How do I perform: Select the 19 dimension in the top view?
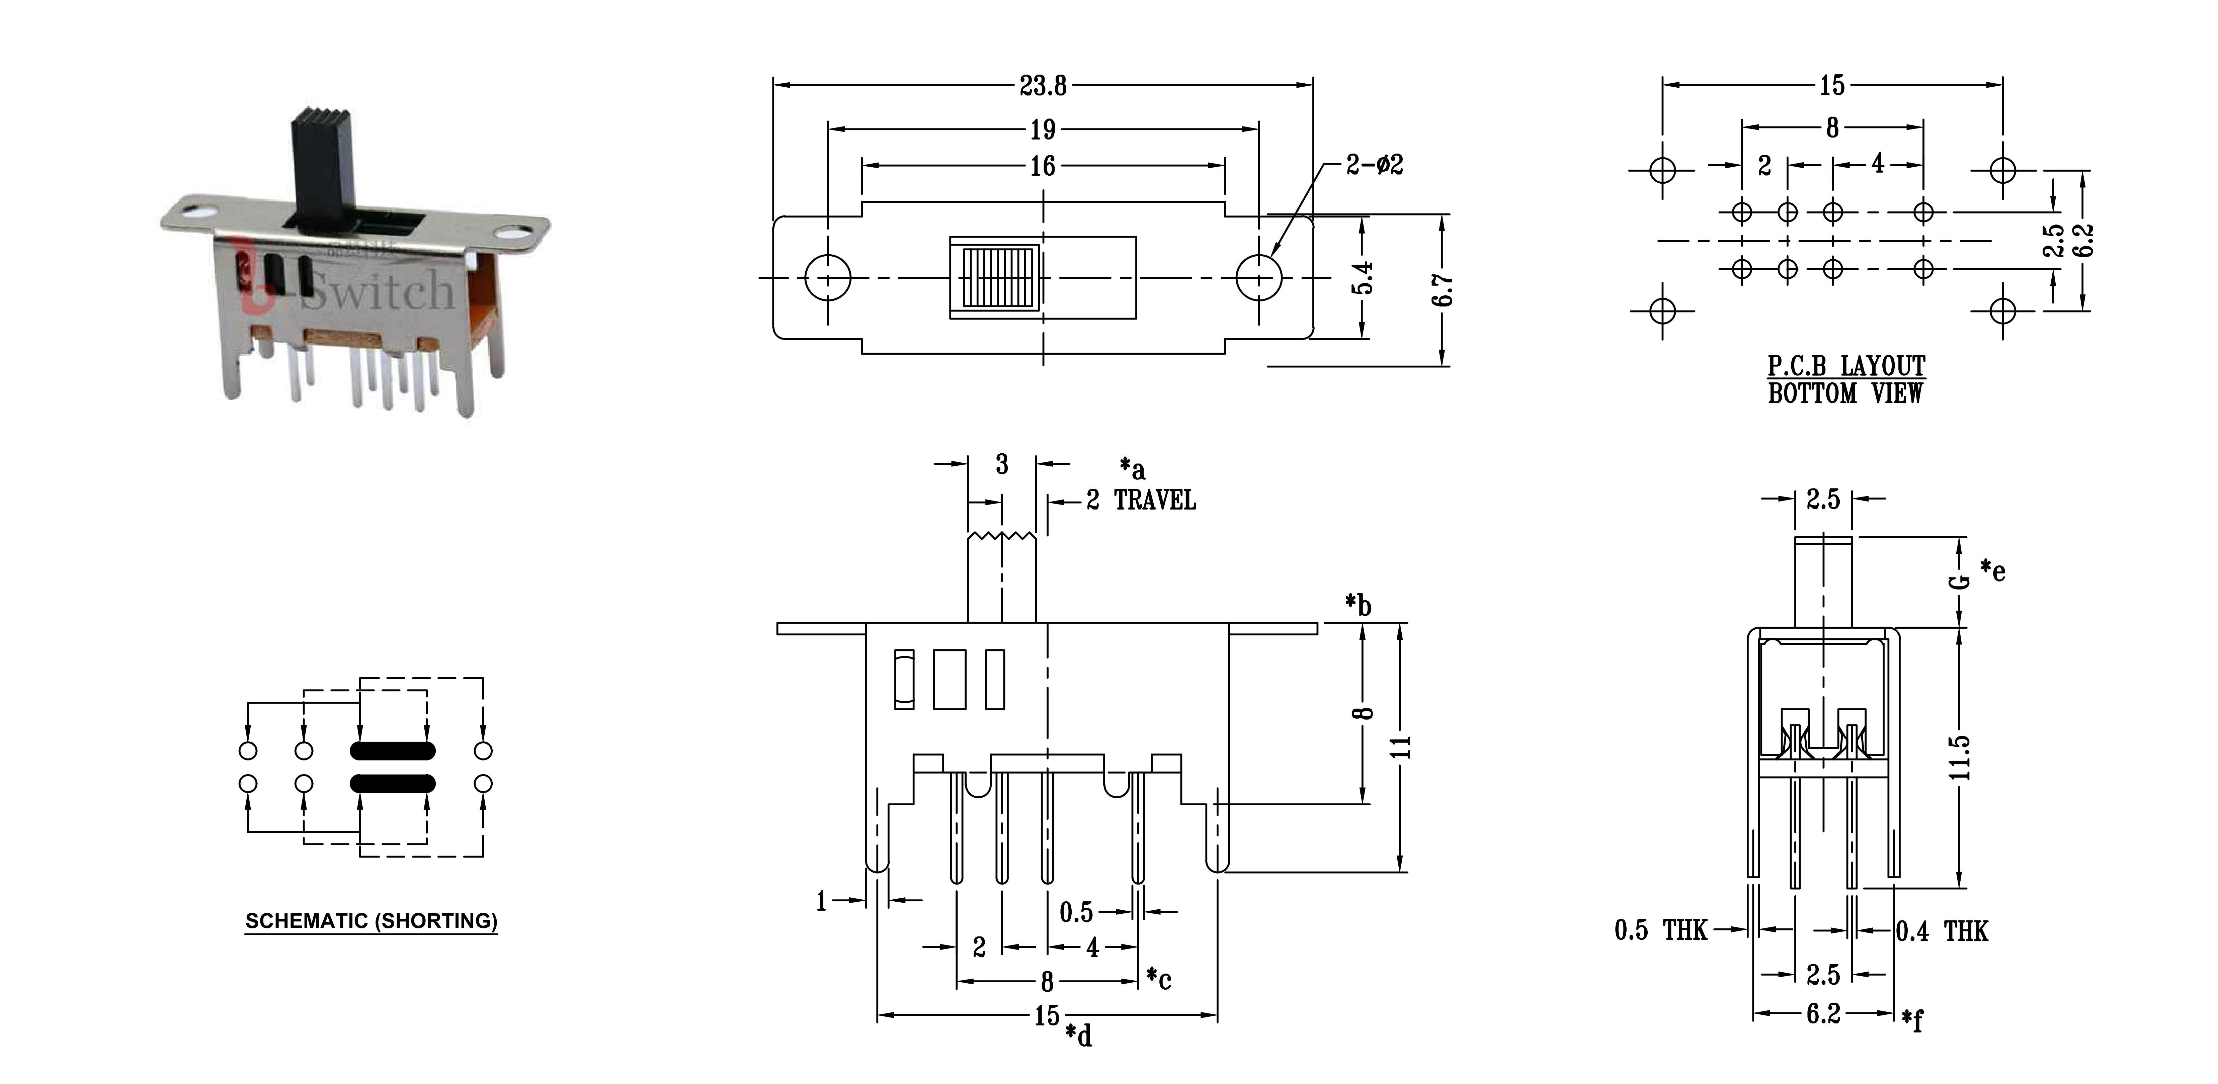pyautogui.click(x=1043, y=129)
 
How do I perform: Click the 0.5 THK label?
pyautogui.click(x=1660, y=930)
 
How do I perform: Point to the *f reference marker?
pyautogui.click(x=1913, y=1020)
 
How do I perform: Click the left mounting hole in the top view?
pyautogui.click(x=827, y=277)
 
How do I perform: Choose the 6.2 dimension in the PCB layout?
pyautogui.click(x=2084, y=240)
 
